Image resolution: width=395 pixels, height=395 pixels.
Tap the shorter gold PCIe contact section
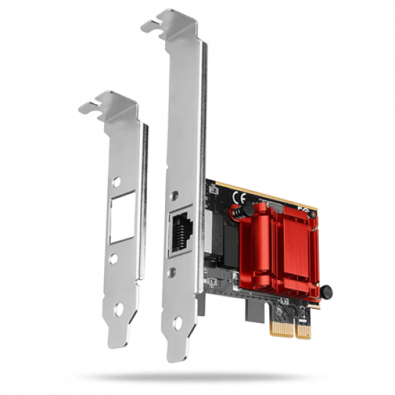tap(304, 331)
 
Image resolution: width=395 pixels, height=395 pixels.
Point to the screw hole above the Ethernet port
tap(175, 194)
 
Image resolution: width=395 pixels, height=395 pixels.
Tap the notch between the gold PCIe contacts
tap(296, 332)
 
